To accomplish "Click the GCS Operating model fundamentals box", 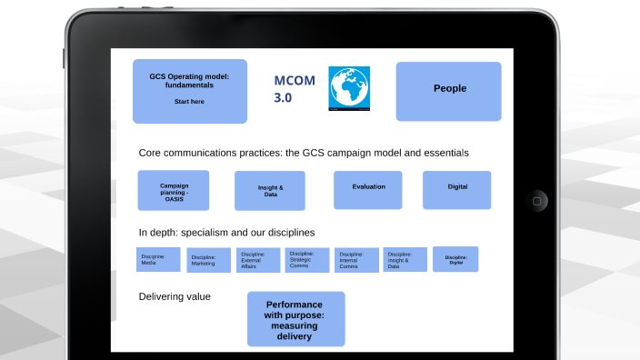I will tap(189, 90).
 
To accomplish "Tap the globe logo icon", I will tap(349, 89).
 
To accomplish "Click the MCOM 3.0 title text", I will tap(295, 89).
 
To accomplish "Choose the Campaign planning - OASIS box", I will tap(173, 190).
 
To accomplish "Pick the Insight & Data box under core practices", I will tap(269, 190).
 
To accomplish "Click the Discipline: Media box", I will tap(158, 260).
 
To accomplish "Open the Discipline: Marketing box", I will tap(208, 261).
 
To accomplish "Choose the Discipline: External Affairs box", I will tap(258, 261).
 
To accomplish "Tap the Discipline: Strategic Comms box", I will tap(306, 260).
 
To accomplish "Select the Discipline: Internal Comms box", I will tap(356, 261).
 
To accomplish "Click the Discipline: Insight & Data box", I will tap(405, 260).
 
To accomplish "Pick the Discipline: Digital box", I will tap(455, 259).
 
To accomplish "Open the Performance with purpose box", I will tap(295, 319).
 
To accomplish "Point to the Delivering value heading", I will tap(175, 296).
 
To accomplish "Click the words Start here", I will tap(189, 101).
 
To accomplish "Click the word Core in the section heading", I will tap(152, 153).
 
